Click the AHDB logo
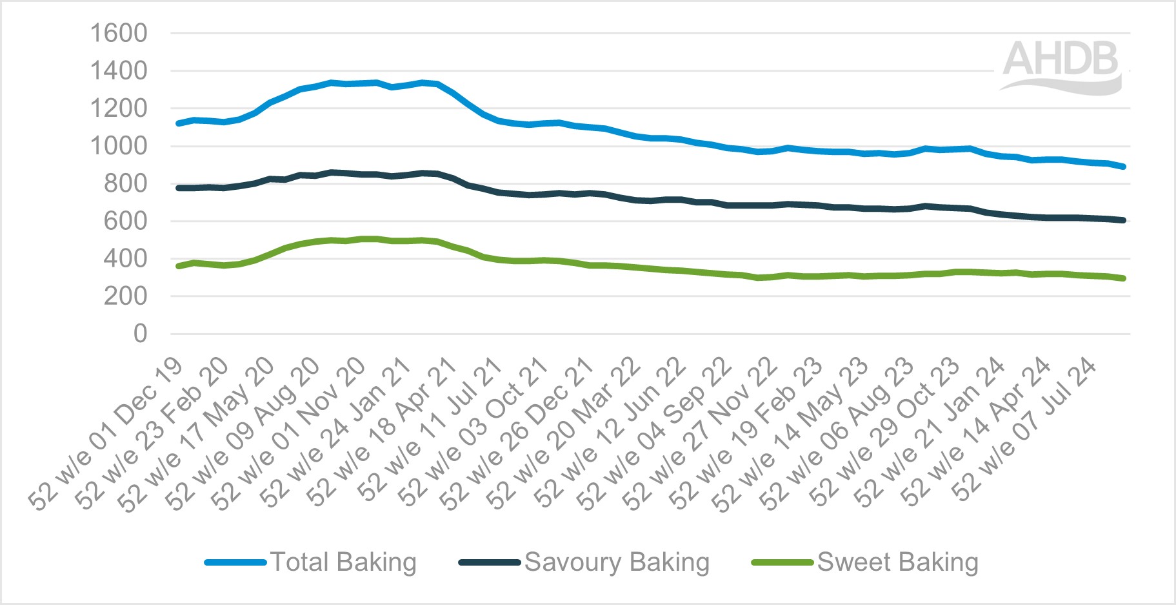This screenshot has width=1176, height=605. [1062, 66]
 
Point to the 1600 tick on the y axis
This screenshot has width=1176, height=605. [119, 33]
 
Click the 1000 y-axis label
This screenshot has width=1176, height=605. [119, 146]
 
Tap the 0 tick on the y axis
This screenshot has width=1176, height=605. [140, 334]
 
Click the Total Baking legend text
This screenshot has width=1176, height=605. [343, 562]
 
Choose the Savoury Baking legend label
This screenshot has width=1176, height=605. [617, 562]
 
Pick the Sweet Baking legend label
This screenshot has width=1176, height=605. [897, 562]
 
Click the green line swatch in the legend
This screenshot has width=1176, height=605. [782, 562]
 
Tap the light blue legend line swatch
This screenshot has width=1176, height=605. [235, 562]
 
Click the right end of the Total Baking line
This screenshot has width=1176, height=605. [1124, 167]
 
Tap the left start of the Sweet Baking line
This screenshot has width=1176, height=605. [179, 266]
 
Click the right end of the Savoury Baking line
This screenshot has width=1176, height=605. [1124, 220]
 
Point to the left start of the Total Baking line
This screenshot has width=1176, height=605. [179, 123]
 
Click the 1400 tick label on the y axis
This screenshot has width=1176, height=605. [119, 70]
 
